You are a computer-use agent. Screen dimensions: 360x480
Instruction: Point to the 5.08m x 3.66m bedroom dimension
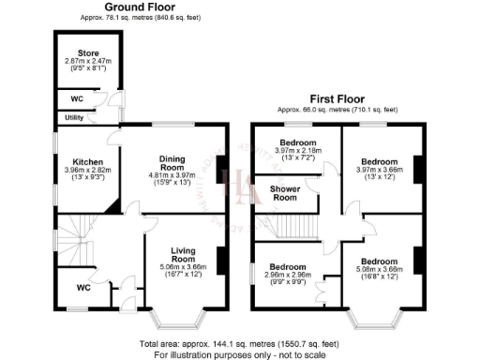381,270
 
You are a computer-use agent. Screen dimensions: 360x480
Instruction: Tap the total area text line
240,346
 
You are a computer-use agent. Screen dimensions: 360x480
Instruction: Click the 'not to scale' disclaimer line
240,355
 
